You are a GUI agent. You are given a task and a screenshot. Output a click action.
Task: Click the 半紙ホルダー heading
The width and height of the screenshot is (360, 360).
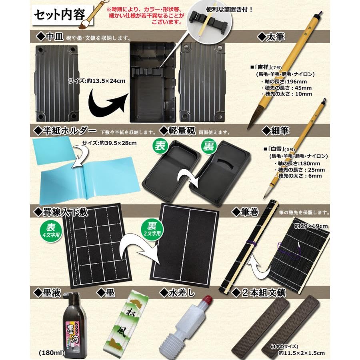[x=66, y=131]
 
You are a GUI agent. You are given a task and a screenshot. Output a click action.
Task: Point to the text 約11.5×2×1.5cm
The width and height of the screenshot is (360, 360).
[x=297, y=353]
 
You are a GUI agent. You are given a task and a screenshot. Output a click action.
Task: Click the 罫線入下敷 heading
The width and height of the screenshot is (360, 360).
[x=66, y=211]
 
